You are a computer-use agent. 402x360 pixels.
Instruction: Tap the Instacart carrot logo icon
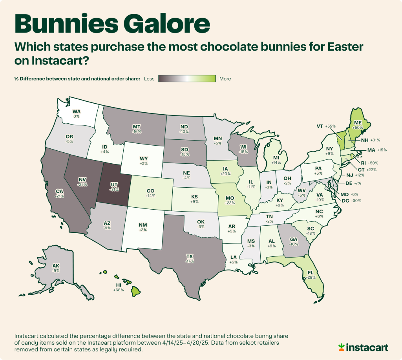(342, 347)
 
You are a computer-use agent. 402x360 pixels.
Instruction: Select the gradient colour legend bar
(187, 79)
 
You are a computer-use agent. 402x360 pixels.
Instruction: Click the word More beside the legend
(225, 79)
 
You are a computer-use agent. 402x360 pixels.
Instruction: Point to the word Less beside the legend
(149, 79)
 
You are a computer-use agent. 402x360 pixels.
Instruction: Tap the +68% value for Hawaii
(118, 290)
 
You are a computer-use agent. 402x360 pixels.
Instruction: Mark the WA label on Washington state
(77, 111)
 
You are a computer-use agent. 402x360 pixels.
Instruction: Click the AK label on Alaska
(56, 265)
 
